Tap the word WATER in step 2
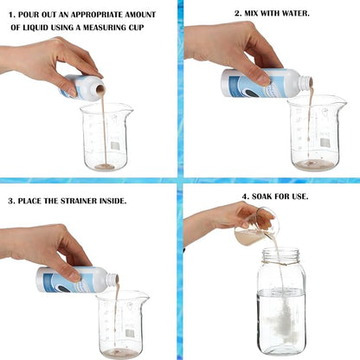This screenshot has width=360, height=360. click(296, 13)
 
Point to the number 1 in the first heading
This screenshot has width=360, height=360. click(11, 15)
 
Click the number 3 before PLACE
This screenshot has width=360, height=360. click(11, 201)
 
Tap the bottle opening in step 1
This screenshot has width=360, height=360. click(100, 90)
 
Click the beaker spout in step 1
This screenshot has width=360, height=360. click(129, 109)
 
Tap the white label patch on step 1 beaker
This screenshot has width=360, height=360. click(115, 145)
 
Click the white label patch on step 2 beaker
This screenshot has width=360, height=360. click(325, 143)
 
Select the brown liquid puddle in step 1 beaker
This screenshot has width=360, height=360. click(105, 167)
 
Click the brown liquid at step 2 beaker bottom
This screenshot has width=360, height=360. click(314, 164)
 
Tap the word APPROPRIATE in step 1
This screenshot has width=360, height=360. click(97, 15)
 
